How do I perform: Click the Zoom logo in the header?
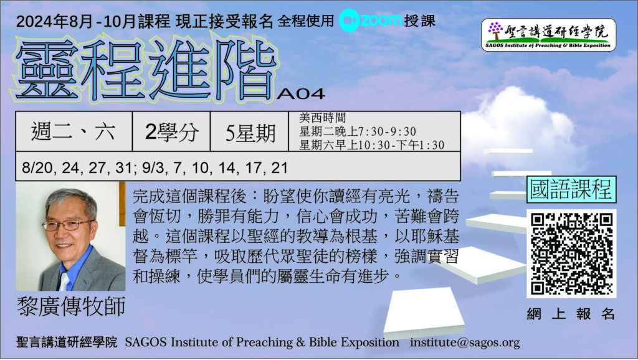click(370, 19)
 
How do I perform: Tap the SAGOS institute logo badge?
click(548, 35)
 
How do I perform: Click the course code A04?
click(301, 94)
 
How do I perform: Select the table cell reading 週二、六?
click(74, 131)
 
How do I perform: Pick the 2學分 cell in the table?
click(171, 131)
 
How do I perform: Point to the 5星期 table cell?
click(249, 131)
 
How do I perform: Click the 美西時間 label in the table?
click(322, 118)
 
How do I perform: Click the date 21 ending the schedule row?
click(279, 168)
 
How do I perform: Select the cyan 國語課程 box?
click(571, 189)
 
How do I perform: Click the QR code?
click(571, 253)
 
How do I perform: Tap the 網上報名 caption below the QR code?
click(571, 314)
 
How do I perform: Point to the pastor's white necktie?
click(64, 281)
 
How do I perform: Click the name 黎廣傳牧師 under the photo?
click(71, 306)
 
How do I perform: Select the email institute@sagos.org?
click(465, 343)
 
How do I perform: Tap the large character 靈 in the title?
click(46, 70)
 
